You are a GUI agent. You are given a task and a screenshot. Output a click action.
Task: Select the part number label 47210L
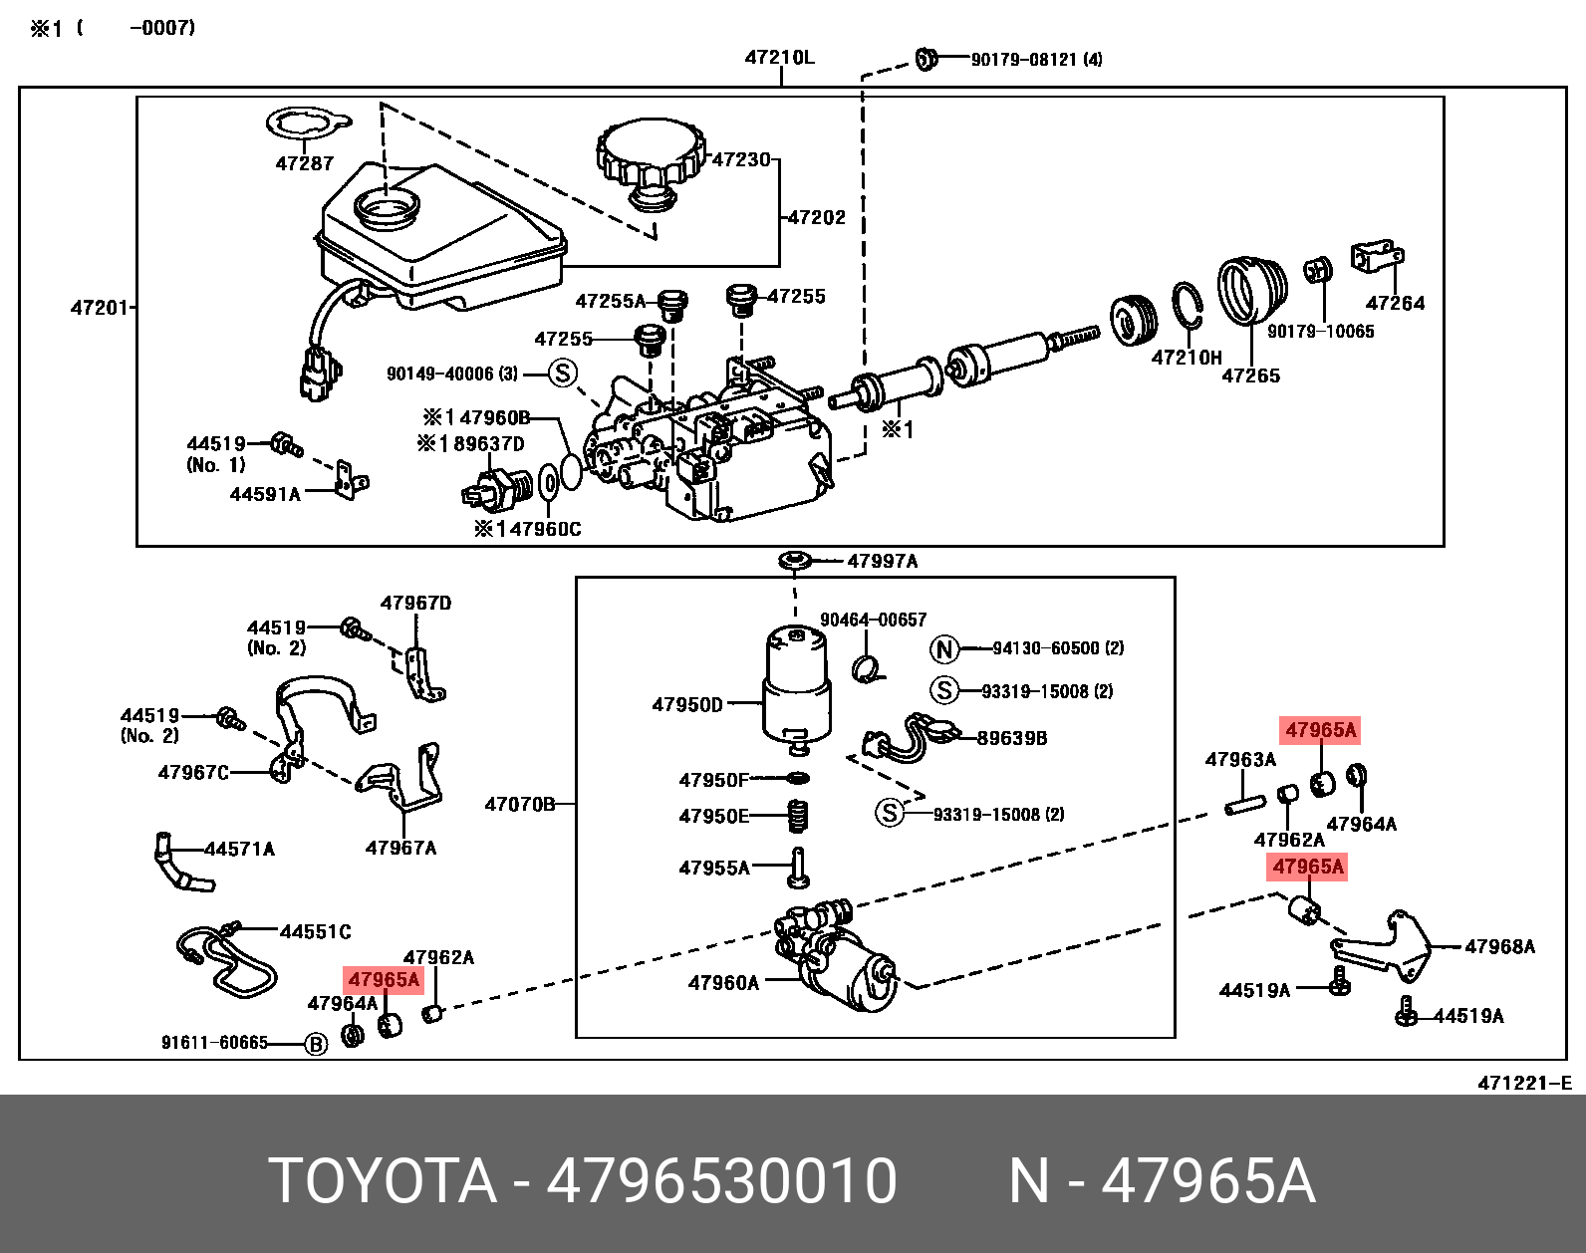coord(779,58)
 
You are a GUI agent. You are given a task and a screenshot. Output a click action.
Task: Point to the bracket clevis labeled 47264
coord(1377,258)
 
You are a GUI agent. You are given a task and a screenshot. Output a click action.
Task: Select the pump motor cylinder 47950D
coord(796,687)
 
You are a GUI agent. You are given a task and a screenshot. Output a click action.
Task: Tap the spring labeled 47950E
coord(797,816)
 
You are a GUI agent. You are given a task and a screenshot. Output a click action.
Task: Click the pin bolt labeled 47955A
coord(798,868)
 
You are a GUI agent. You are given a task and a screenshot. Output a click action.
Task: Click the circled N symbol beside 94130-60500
coord(943,649)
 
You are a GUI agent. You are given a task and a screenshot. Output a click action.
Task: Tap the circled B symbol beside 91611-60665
coord(316,1044)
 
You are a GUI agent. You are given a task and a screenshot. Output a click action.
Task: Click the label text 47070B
coord(519,804)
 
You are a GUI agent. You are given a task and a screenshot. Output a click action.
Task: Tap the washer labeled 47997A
coord(795,562)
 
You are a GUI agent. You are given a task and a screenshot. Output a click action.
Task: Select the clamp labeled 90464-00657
coord(867,667)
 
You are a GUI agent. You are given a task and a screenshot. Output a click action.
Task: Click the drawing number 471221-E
coord(1523,1083)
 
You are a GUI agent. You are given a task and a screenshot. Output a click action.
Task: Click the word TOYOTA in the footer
coord(383,1181)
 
